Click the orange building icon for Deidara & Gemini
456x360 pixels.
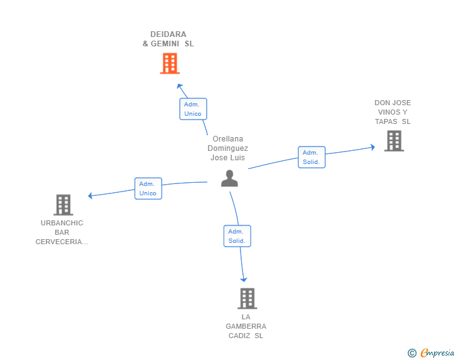[170, 63]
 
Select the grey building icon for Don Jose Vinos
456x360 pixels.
[394, 141]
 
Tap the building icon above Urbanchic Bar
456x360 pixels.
[63, 205]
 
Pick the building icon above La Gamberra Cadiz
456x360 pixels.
[247, 299]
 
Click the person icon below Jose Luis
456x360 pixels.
[229, 178]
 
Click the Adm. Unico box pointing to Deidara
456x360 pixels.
[193, 109]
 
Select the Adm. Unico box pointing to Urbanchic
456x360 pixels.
[148, 188]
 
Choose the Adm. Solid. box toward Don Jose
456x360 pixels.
[312, 157]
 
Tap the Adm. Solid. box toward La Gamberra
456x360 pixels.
[237, 236]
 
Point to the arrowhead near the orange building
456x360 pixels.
[180, 86]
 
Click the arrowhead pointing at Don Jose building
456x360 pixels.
[373, 147]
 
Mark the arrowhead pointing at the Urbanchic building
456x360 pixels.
[90, 196]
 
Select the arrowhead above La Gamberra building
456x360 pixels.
[244, 280]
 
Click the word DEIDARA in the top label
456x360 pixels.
[168, 34]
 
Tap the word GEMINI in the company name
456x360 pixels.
[165, 44]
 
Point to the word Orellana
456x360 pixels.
[228, 139]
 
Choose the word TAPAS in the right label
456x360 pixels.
[386, 121]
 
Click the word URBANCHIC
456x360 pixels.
[62, 223]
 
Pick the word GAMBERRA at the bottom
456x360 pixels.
[246, 326]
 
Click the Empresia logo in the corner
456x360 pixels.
[431, 352]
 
